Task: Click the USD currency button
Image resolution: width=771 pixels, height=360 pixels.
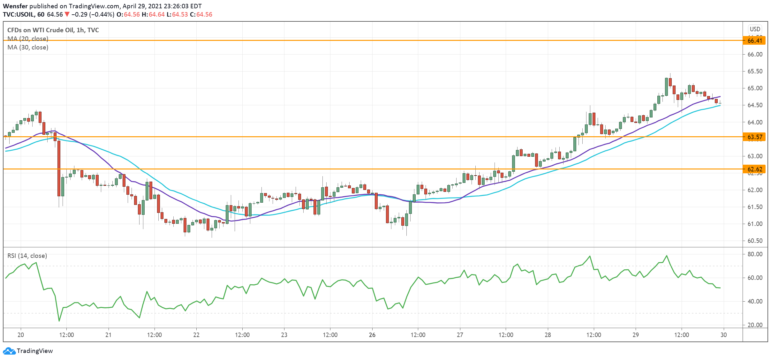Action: tap(755, 29)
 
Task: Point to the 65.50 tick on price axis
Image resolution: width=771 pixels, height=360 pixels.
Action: tap(755, 71)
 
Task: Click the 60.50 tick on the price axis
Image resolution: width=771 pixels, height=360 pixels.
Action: tap(755, 241)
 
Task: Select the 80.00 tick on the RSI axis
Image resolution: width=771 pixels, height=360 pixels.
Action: tap(755, 254)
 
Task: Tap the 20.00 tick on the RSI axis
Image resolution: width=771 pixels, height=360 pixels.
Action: tap(755, 325)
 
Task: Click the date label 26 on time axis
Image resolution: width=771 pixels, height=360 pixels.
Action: tap(372, 335)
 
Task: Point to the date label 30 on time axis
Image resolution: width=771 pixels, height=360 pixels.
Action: tap(723, 335)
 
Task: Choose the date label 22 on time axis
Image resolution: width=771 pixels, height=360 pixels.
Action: tap(196, 335)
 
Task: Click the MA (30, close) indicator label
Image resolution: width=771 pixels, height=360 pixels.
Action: tap(28, 47)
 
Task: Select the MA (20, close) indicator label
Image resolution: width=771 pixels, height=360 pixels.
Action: tap(28, 39)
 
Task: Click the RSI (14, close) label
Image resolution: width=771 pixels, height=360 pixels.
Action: tap(27, 256)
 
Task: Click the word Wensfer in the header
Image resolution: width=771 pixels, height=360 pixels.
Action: tap(15, 6)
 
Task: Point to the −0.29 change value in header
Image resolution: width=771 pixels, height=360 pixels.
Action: tap(79, 14)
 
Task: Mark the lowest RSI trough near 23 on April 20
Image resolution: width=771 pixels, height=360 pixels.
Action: tap(59, 321)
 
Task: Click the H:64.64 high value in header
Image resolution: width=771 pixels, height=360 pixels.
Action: tap(153, 14)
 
